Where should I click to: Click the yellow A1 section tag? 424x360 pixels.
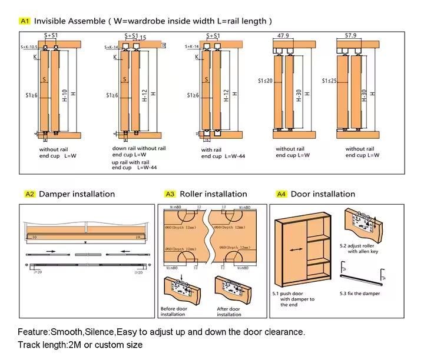pyautogui.click(x=25, y=21)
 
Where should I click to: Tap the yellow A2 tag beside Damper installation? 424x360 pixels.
pyautogui.click(x=30, y=194)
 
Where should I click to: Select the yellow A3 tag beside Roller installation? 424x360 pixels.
pyautogui.click(x=170, y=194)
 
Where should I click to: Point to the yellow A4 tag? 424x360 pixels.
pyautogui.click(x=281, y=194)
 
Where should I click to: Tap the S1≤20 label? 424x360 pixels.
pyautogui.click(x=266, y=81)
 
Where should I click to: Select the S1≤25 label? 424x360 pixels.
pyautogui.click(x=330, y=81)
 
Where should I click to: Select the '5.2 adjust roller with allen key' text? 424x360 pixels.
pyautogui.click(x=357, y=248)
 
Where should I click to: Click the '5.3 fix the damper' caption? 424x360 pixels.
pyautogui.click(x=360, y=294)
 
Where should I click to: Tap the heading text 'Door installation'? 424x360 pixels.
pyautogui.click(x=323, y=194)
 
